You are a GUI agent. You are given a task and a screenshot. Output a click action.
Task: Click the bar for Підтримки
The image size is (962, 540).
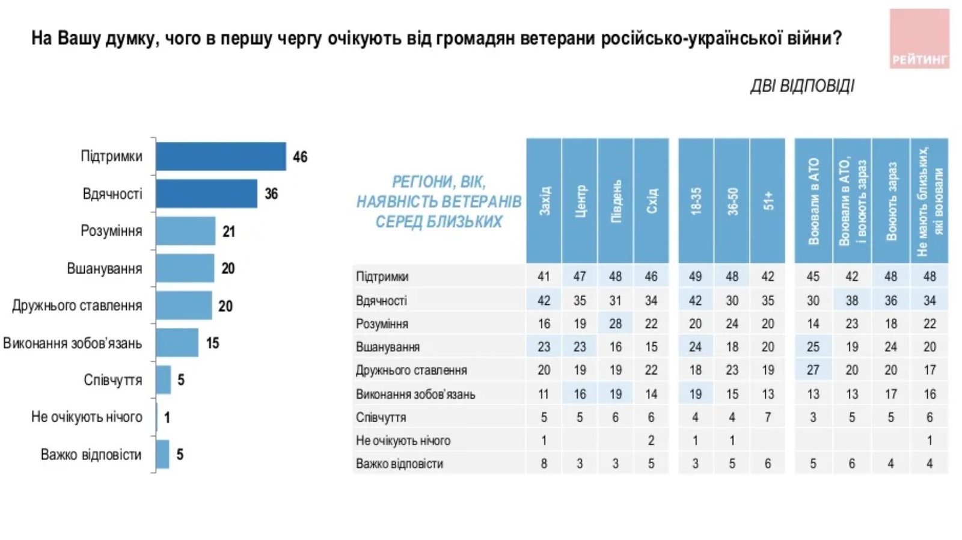[221, 156]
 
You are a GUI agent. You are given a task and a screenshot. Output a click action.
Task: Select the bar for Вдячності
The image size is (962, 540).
[206, 194]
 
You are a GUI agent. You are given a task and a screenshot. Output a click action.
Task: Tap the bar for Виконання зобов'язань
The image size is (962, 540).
[177, 343]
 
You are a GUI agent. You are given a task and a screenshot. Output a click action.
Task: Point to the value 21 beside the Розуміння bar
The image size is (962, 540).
[228, 232]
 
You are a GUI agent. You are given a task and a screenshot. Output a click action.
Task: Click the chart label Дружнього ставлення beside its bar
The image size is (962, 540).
[77, 305]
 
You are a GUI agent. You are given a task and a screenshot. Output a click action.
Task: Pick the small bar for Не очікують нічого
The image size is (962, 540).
[157, 417]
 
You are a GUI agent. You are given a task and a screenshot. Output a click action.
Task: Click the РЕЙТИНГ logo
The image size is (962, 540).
[919, 38]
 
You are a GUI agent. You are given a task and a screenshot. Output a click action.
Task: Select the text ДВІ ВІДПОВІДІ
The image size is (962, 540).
[801, 86]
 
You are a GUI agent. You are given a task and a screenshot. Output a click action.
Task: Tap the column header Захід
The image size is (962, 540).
[544, 201]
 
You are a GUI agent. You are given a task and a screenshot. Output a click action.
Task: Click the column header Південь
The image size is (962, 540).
[616, 201]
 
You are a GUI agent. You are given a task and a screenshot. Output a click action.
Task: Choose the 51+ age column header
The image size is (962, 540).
[768, 201]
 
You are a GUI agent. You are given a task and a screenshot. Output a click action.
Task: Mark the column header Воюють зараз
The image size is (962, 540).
[891, 201]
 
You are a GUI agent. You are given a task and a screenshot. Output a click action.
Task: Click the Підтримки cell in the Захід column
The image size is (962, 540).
[544, 277]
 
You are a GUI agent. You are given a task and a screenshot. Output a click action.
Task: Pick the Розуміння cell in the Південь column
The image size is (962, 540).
[615, 324]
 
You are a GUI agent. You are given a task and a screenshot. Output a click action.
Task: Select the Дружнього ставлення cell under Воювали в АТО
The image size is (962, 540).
[813, 370]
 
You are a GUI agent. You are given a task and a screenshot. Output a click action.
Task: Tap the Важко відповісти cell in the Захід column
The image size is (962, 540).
[544, 464]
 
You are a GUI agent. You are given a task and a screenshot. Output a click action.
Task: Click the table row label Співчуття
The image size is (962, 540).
[381, 417]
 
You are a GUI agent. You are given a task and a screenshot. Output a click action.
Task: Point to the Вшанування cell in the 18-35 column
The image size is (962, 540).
[695, 347]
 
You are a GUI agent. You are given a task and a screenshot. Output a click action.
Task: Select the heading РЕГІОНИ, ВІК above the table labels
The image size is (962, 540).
[438, 182]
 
